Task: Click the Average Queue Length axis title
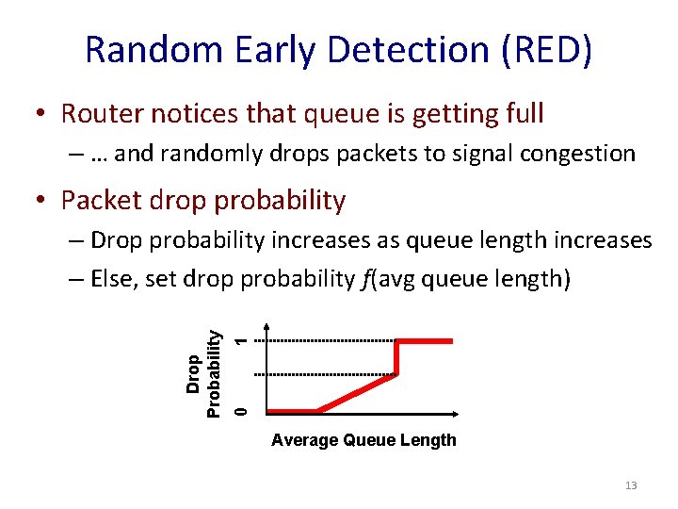click(363, 440)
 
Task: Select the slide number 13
click(631, 485)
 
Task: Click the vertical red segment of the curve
click(396, 358)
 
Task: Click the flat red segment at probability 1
click(426, 341)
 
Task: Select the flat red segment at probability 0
click(293, 411)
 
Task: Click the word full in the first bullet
click(524, 114)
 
